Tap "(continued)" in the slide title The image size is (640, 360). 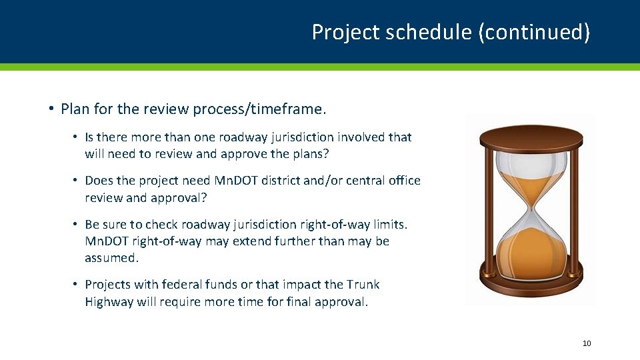[x=534, y=32]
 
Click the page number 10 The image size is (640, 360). [x=587, y=343]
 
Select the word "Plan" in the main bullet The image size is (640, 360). [x=75, y=108]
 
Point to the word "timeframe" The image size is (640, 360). [x=291, y=108]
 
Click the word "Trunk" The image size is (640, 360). [x=363, y=285]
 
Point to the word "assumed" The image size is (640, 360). [x=111, y=257]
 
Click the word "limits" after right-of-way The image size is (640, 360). [x=389, y=225]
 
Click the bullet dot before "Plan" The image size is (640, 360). [x=51, y=109]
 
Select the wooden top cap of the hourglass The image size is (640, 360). [x=531, y=139]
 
